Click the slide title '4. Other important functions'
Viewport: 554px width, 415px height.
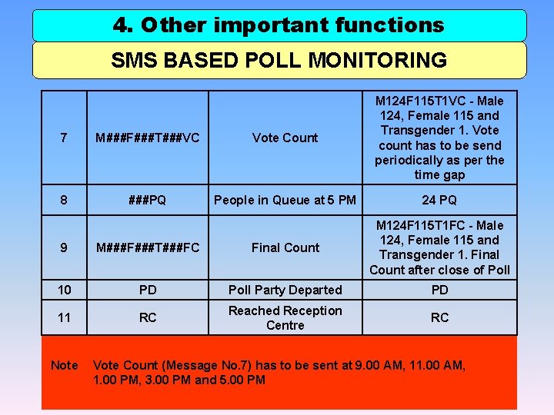click(x=279, y=25)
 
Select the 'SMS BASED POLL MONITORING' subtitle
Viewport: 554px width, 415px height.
click(x=279, y=60)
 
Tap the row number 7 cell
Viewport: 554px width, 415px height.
click(x=64, y=138)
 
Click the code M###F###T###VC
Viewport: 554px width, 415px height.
click(x=148, y=138)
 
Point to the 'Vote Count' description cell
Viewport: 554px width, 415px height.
click(x=285, y=138)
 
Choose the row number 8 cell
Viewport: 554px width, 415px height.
click(x=64, y=200)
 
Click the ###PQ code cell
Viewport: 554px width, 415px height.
click(x=148, y=200)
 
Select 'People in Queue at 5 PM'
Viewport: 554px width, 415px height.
click(x=285, y=200)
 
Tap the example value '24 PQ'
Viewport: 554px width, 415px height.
click(x=439, y=200)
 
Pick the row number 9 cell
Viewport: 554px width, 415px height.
click(x=64, y=247)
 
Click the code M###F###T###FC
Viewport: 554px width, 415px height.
click(x=148, y=247)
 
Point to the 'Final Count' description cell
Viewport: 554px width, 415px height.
click(x=285, y=247)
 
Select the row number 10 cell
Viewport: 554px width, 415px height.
click(x=64, y=290)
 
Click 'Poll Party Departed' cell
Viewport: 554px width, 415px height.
click(x=285, y=290)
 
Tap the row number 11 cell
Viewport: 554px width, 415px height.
click(x=64, y=317)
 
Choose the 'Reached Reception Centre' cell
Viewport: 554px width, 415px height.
click(x=285, y=317)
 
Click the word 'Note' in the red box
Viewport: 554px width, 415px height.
click(x=64, y=365)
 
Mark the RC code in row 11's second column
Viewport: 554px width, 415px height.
click(x=148, y=317)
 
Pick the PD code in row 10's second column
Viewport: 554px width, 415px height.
click(x=148, y=290)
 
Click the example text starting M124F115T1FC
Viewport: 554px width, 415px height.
click(x=439, y=247)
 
